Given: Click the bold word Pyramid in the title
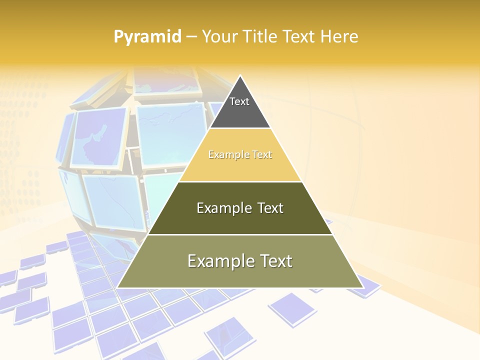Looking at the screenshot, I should pyautogui.click(x=147, y=37).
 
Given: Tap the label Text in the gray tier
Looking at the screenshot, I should pyautogui.click(x=239, y=101).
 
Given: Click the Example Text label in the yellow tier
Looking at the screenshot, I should pyautogui.click(x=240, y=155).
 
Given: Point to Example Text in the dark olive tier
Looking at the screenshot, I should pyautogui.click(x=240, y=208).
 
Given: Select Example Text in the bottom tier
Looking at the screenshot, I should pyautogui.click(x=240, y=261).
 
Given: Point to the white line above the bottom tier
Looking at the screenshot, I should pyautogui.click(x=240, y=234).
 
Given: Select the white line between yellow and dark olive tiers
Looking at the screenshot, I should pyautogui.click(x=240, y=181).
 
